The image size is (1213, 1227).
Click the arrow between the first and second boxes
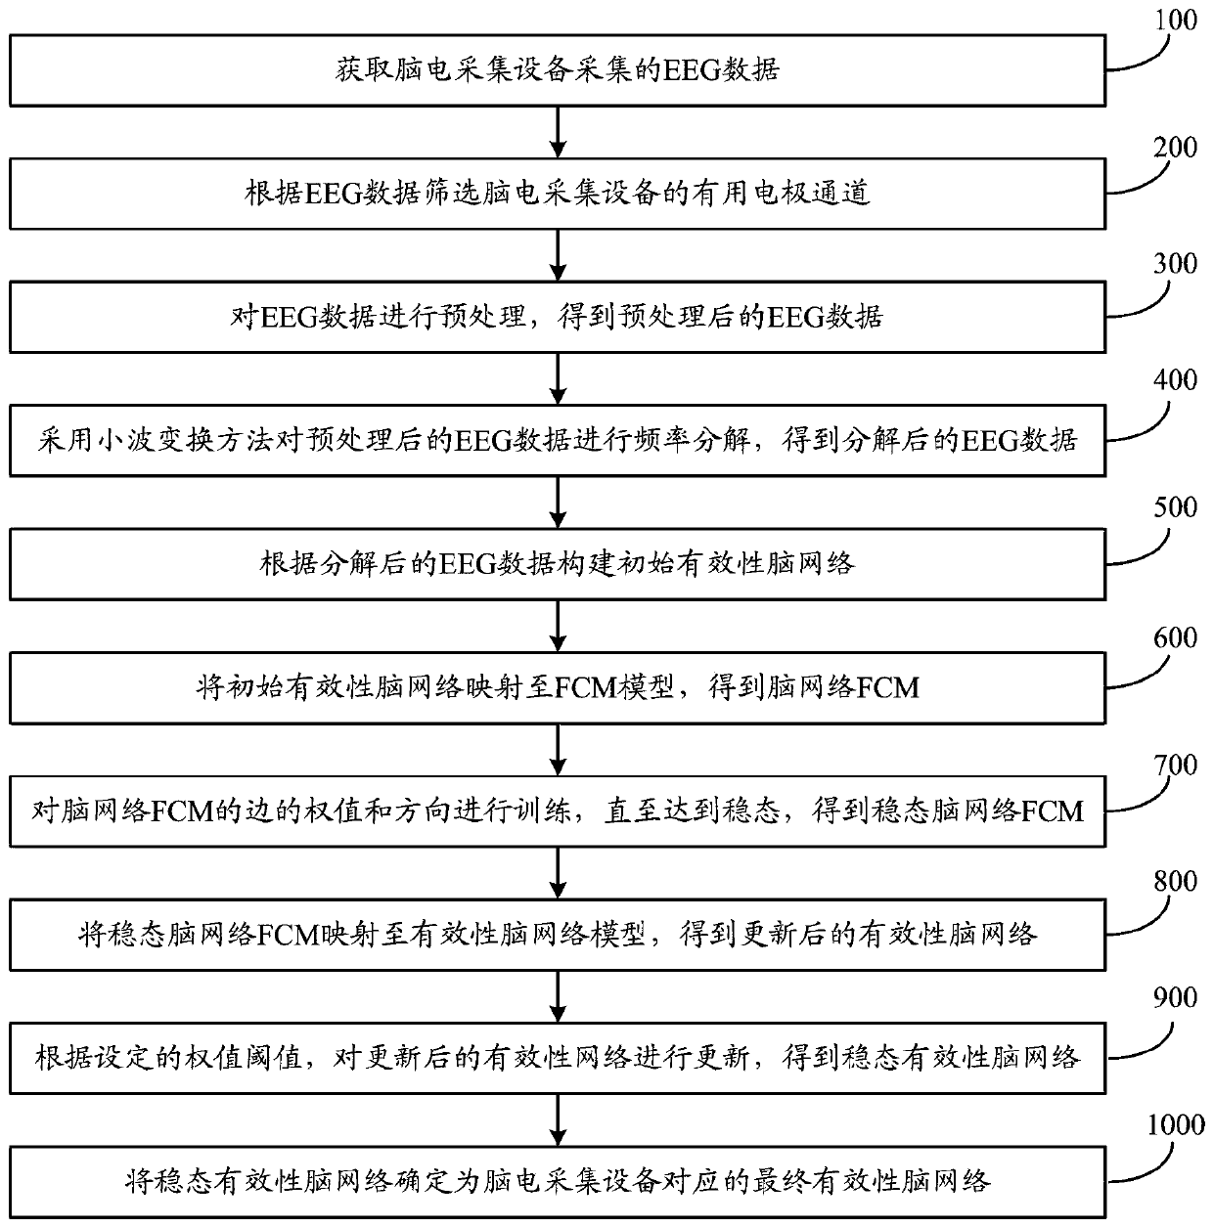point(558,132)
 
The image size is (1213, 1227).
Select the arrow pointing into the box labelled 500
point(558,503)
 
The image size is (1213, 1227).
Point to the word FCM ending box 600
point(888,688)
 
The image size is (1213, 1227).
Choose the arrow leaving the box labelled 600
point(558,750)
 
